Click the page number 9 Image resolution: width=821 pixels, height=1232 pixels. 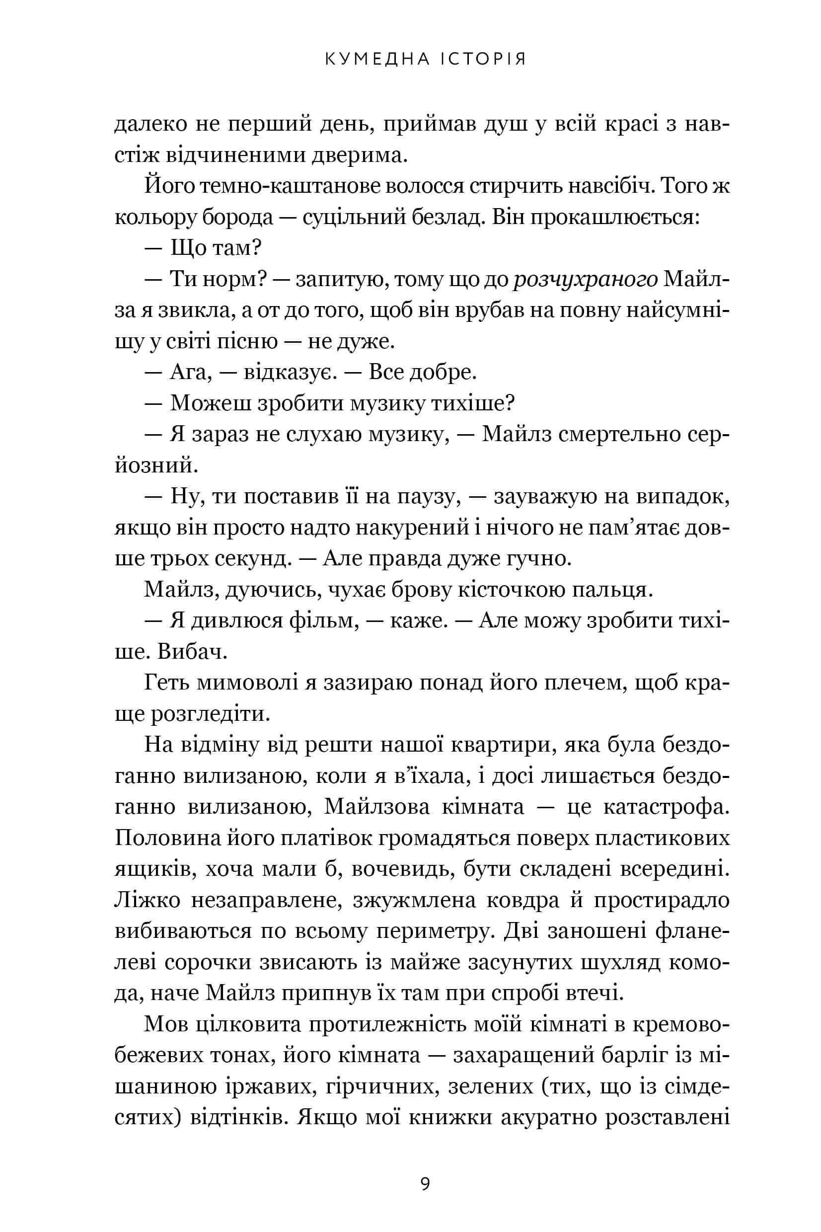pos(425,1169)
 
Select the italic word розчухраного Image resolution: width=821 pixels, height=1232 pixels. pos(586,281)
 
